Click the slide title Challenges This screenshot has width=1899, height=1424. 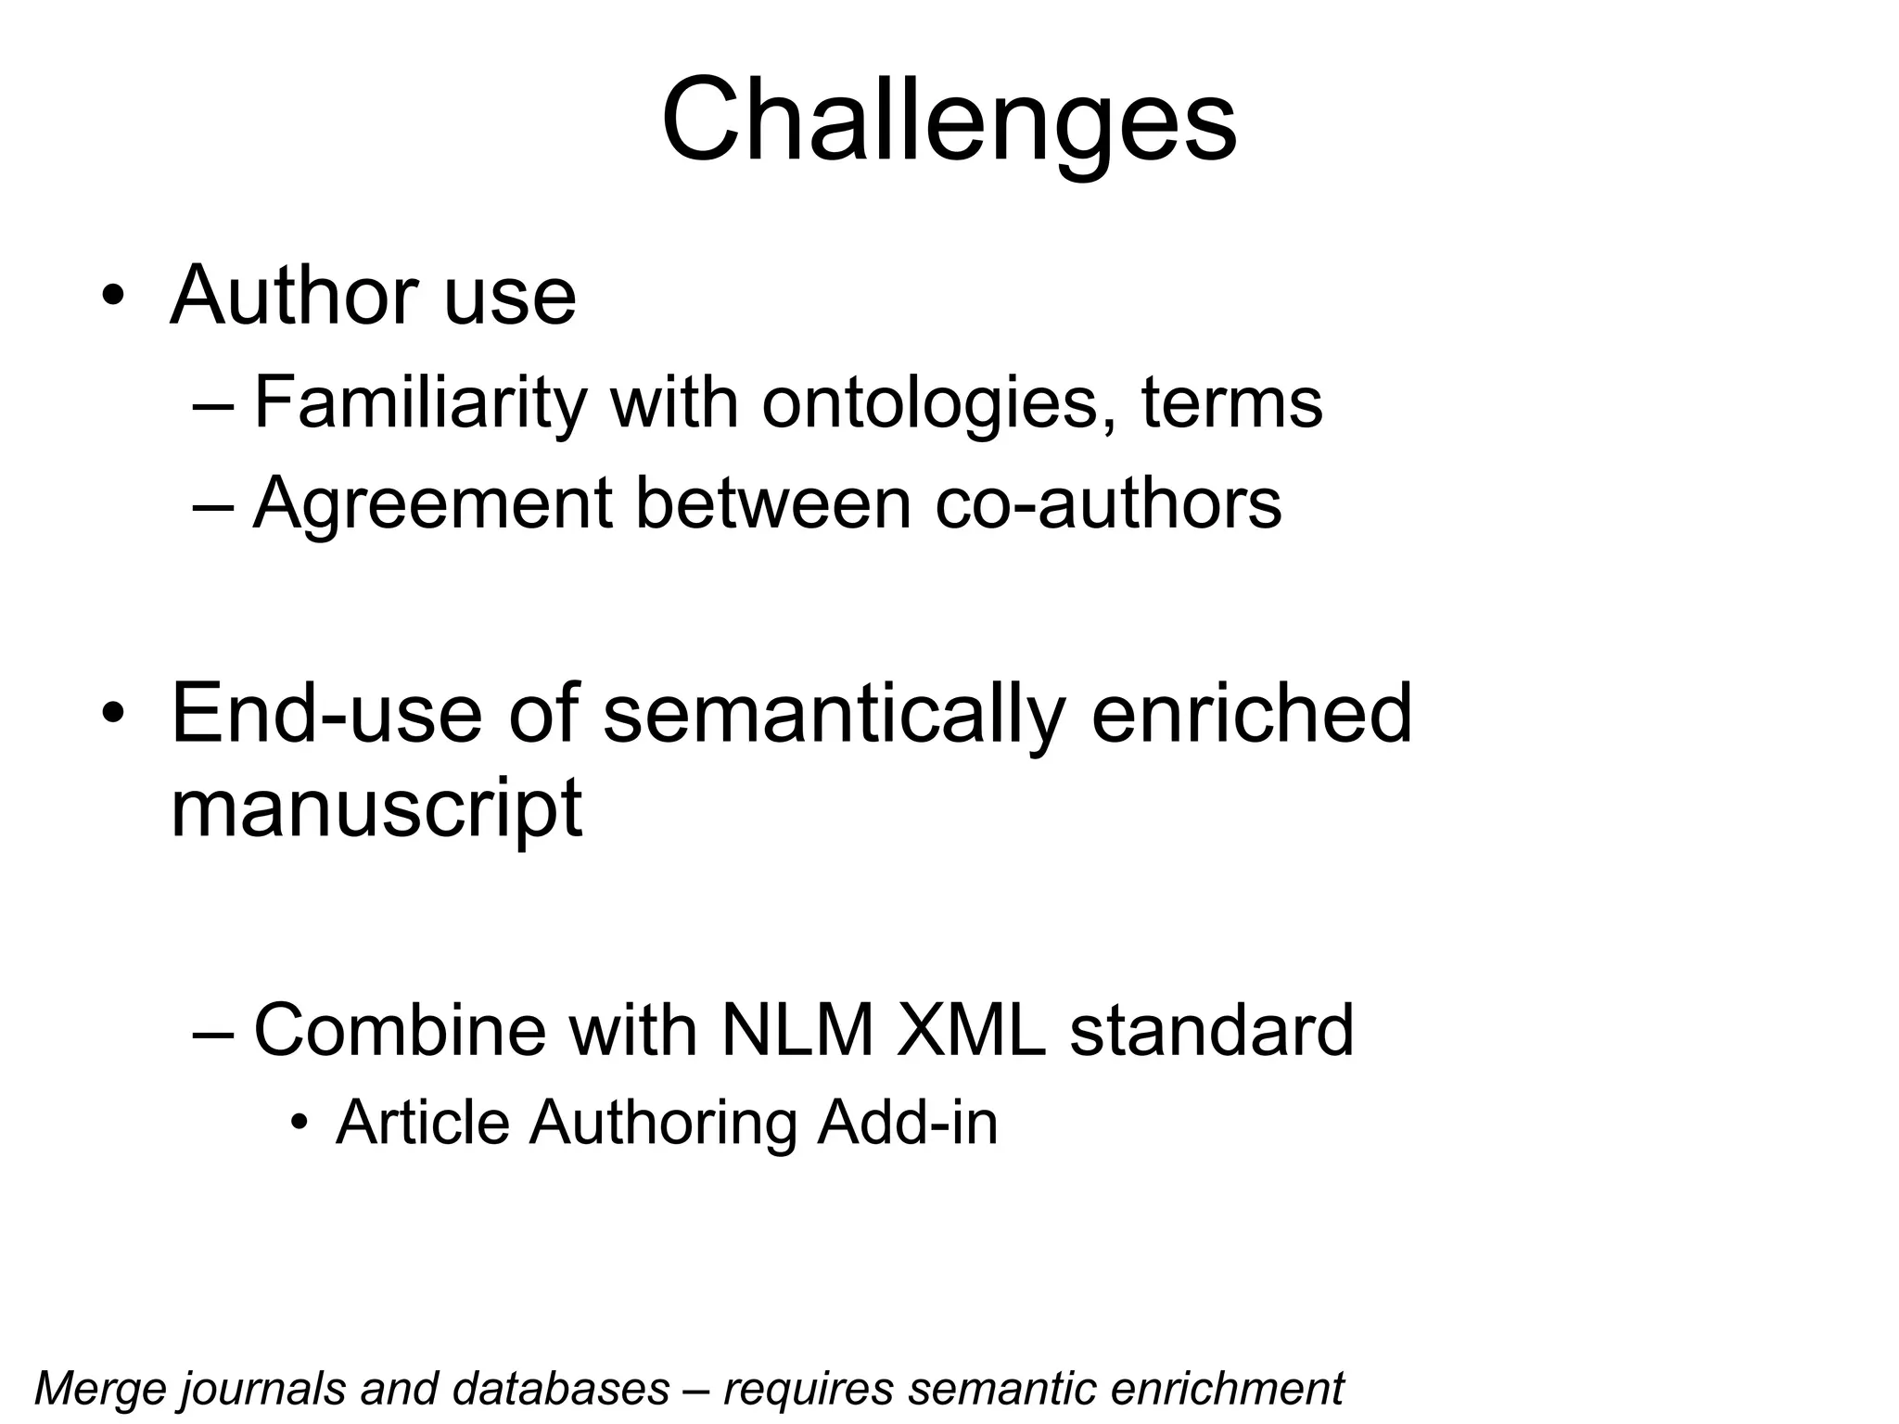coord(949,121)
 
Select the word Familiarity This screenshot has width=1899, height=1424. coord(420,404)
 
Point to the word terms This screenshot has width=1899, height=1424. coord(1231,404)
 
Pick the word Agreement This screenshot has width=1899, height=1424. coord(433,504)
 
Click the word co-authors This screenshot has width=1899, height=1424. coord(1108,504)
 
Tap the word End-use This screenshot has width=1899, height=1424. coord(327,714)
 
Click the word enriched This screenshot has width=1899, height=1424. coord(1251,714)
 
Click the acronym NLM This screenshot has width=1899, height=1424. coord(797,1030)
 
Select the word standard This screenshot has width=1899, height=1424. coord(1212,1030)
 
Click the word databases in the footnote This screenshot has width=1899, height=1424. coord(561,1389)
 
